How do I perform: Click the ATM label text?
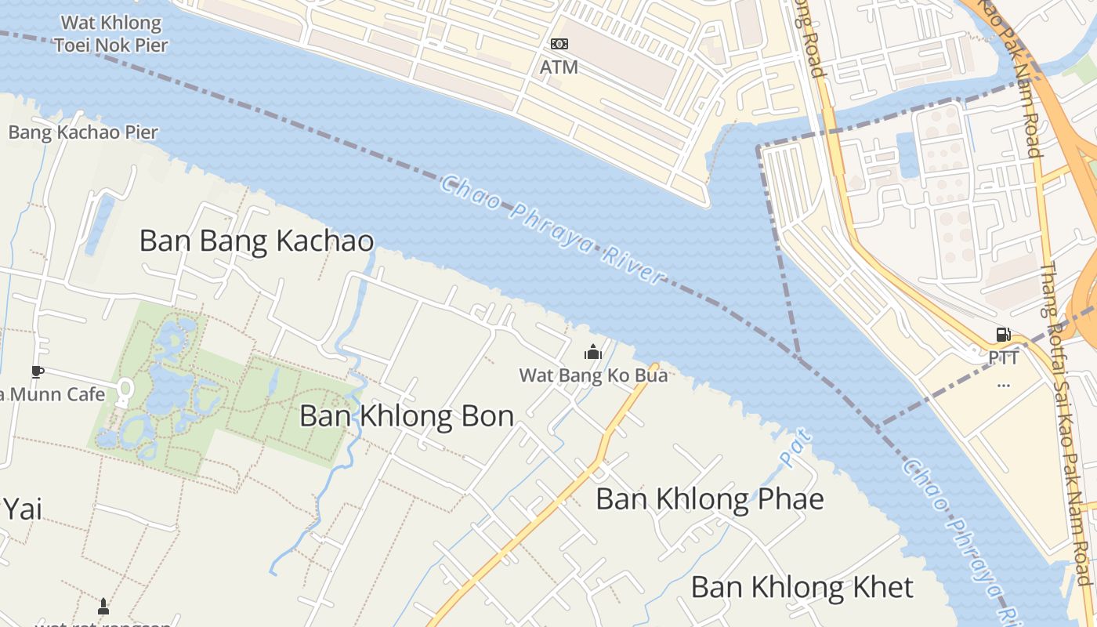coord(559,67)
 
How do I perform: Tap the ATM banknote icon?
coord(559,44)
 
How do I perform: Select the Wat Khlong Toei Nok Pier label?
coord(111,34)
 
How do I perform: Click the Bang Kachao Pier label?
coord(83,132)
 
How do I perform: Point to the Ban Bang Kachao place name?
coord(256,241)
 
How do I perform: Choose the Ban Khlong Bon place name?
coord(407,415)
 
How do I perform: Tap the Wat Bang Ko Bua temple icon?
coord(593,352)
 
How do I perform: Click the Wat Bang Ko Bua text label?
coord(593,375)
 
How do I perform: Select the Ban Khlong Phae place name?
coord(710,498)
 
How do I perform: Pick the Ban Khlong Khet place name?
coord(802,586)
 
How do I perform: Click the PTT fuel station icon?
coord(1003,335)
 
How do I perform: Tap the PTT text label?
coord(1003,358)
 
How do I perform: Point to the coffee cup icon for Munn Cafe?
coord(37,371)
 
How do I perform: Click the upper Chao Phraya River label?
coord(552,229)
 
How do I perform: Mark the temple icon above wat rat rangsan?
coord(103,606)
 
